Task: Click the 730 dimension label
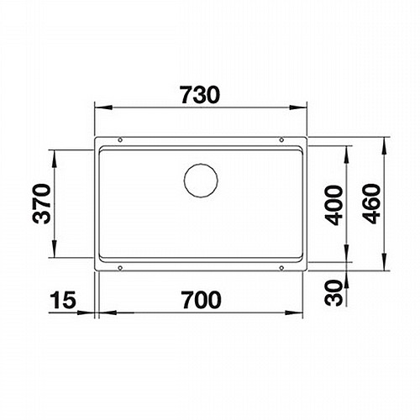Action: point(200,95)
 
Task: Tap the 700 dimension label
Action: point(201,300)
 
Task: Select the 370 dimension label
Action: point(42,203)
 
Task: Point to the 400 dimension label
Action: point(333,205)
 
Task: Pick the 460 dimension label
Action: point(371,203)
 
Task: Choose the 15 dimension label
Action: point(63,300)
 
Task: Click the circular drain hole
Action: point(201,181)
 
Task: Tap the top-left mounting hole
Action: point(120,139)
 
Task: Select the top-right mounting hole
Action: point(281,139)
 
